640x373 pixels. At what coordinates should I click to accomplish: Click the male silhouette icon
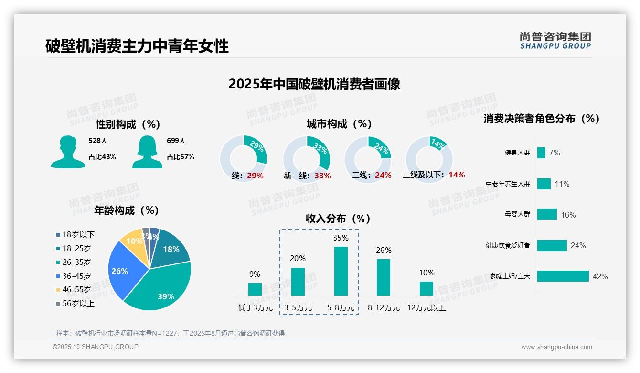pos(68,152)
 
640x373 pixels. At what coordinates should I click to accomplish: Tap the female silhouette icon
pos(147,152)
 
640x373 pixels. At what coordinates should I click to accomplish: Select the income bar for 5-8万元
pos(341,271)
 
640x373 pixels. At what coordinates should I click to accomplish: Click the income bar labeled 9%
pos(255,289)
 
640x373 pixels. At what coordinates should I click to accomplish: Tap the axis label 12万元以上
pos(426,308)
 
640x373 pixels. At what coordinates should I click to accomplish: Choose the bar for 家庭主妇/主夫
pos(563,276)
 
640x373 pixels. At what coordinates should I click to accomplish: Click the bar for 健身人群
pos(541,153)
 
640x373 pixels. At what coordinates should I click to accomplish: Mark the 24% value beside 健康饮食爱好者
pos(578,245)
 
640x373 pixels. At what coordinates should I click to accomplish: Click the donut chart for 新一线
pos(306,159)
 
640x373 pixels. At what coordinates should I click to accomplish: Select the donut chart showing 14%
pos(428,159)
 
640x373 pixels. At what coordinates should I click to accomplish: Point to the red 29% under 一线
pos(255,176)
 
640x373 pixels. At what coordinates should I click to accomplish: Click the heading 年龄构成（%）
pos(126,210)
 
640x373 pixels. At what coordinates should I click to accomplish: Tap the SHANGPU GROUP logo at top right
pos(555,41)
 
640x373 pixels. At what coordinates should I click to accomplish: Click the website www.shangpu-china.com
pos(556,347)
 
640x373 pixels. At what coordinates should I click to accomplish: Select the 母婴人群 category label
pos(517,214)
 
